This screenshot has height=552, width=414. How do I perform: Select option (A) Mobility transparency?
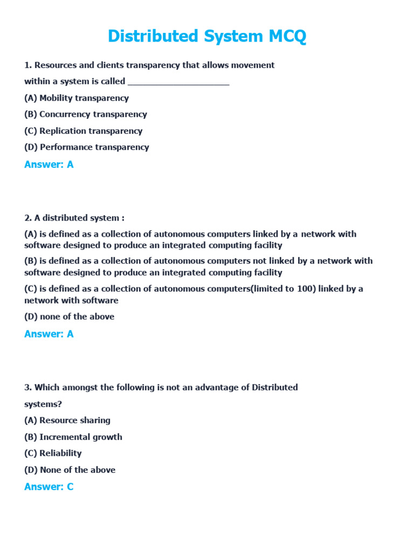coord(77,98)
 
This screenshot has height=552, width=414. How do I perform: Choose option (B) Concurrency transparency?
coord(86,114)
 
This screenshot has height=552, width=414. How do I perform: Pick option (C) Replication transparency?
coord(84,131)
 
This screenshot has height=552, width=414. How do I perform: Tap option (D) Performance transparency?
coord(87,147)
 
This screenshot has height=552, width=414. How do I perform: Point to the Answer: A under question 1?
coord(49,165)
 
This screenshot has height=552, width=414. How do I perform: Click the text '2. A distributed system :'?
coord(74,218)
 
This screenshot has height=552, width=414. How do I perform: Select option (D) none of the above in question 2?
coord(70,317)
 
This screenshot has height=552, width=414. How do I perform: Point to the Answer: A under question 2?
coord(49,334)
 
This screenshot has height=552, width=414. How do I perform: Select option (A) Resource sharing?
coord(67,420)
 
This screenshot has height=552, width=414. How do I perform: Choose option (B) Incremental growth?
coord(73,437)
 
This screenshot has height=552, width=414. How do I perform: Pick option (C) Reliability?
coord(53,453)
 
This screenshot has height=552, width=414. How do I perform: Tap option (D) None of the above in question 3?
coord(70,470)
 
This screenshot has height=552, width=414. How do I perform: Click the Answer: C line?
coord(49,487)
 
